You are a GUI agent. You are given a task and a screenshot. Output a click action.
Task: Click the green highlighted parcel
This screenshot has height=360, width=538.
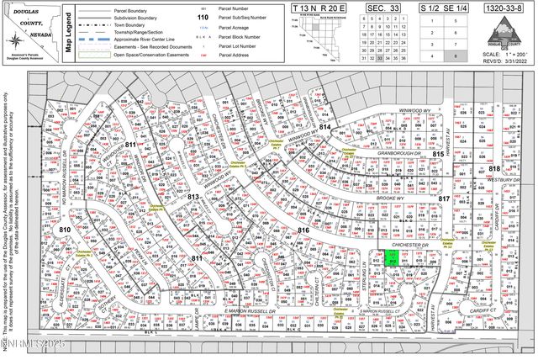pyautogui.click(x=392, y=259)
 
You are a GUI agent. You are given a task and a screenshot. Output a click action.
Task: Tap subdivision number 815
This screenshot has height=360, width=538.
pyautogui.click(x=437, y=155)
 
